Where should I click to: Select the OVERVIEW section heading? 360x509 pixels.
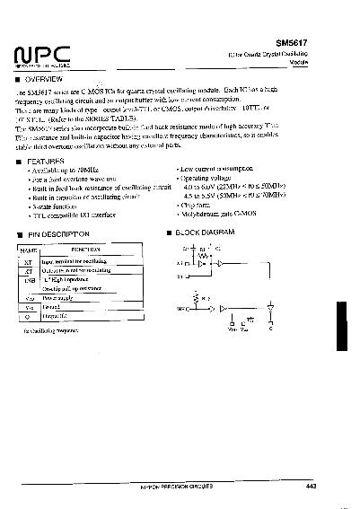click(45, 80)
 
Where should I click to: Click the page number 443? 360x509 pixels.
click(312, 486)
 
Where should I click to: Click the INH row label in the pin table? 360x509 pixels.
click(29, 279)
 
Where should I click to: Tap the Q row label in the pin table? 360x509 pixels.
click(29, 316)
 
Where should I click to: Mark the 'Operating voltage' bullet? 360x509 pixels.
click(206, 178)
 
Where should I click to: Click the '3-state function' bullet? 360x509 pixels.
click(60, 206)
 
